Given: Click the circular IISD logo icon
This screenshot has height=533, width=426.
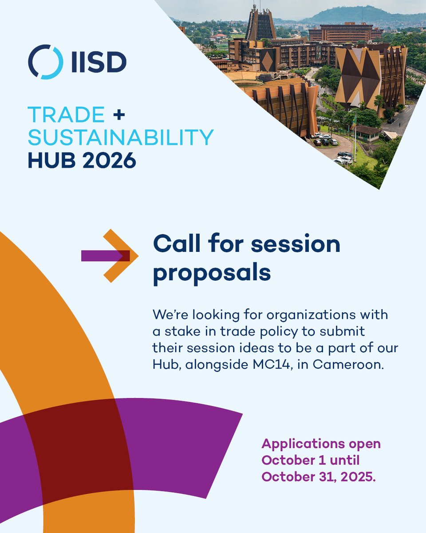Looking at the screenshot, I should (x=45, y=62).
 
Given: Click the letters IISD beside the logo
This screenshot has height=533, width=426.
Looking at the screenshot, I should (x=98, y=62).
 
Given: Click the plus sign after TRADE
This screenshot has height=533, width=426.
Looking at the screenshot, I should (x=119, y=115).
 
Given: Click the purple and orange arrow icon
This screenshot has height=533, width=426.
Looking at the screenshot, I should (x=110, y=255).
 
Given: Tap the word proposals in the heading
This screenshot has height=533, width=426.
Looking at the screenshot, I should (x=212, y=272).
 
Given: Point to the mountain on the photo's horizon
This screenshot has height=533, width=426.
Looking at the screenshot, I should (x=355, y=16).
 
